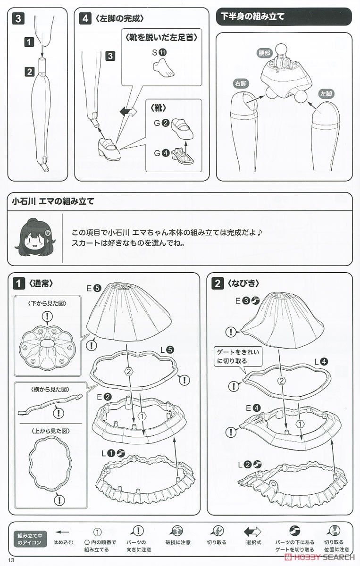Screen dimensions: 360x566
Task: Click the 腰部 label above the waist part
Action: point(264,53)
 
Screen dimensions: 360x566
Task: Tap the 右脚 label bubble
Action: point(241,83)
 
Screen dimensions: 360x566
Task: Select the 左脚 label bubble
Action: point(326,94)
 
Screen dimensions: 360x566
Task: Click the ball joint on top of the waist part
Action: point(282,50)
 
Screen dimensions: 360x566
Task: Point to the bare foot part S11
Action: point(164,68)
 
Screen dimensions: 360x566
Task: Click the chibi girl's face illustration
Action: point(34,237)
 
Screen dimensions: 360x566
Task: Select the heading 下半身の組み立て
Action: point(252,17)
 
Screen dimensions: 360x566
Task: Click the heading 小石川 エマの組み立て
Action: point(53,201)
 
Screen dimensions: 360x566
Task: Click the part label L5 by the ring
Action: point(167,350)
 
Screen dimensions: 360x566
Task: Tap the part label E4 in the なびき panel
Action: point(253,408)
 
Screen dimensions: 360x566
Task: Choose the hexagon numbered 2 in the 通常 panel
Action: point(129,372)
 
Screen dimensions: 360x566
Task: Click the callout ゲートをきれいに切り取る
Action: point(238,356)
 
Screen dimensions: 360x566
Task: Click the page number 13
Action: point(11,560)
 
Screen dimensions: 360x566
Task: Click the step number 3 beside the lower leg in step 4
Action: point(110,56)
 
